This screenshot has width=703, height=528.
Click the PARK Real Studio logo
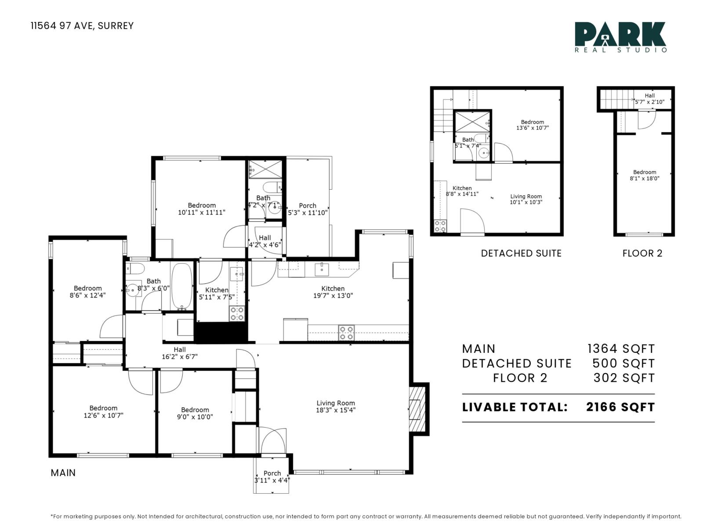pyautogui.click(x=620, y=37)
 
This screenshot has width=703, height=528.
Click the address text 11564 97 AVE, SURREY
pyautogui.click(x=82, y=26)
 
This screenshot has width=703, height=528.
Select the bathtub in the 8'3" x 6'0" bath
pyautogui.click(x=181, y=286)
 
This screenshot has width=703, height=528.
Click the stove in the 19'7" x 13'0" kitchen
pyautogui.click(x=346, y=333)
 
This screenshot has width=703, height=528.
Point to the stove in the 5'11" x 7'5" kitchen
pyautogui.click(x=237, y=314)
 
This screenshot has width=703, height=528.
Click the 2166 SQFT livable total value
pyautogui.click(x=620, y=407)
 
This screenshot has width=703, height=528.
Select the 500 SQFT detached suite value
pyautogui.click(x=623, y=363)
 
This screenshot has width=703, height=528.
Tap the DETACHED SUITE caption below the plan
pyautogui.click(x=521, y=253)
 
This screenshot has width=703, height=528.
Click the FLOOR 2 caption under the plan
pyautogui.click(x=642, y=253)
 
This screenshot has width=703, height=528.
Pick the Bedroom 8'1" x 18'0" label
pyautogui.click(x=644, y=175)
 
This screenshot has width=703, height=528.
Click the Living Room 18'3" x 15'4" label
pyautogui.click(x=336, y=407)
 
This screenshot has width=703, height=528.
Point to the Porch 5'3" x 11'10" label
pyautogui.click(x=308, y=209)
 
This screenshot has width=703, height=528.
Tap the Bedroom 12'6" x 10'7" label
pyautogui.click(x=103, y=411)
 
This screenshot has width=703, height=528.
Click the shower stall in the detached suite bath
pyautogui.click(x=472, y=121)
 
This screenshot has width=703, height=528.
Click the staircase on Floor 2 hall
pyautogui.click(x=615, y=99)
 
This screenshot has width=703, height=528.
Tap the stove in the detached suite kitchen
pyautogui.click(x=440, y=226)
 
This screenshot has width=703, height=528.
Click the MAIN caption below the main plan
pyautogui.click(x=63, y=473)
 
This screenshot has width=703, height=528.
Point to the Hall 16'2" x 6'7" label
pyautogui.click(x=179, y=353)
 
